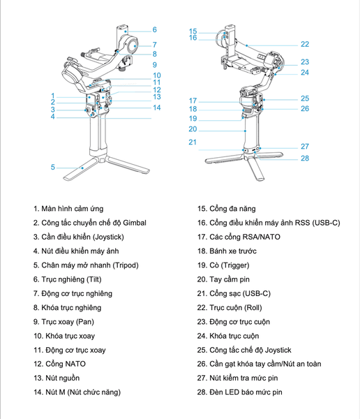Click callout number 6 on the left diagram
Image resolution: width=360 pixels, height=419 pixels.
pyautogui.click(x=154, y=30)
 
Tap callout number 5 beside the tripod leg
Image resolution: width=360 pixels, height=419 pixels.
pyautogui.click(x=52, y=168)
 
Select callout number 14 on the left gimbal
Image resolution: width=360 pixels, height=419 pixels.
pyautogui.click(x=157, y=108)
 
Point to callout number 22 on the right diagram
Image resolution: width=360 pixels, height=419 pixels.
pyautogui.click(x=304, y=44)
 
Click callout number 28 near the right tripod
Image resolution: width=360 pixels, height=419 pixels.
pyautogui.click(x=304, y=159)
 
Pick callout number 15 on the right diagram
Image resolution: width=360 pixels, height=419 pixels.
pyautogui.click(x=193, y=31)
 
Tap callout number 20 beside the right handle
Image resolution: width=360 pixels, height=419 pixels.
pyautogui.click(x=193, y=129)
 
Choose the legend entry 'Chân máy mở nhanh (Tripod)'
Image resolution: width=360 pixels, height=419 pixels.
pyautogui.click(x=89, y=265)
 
